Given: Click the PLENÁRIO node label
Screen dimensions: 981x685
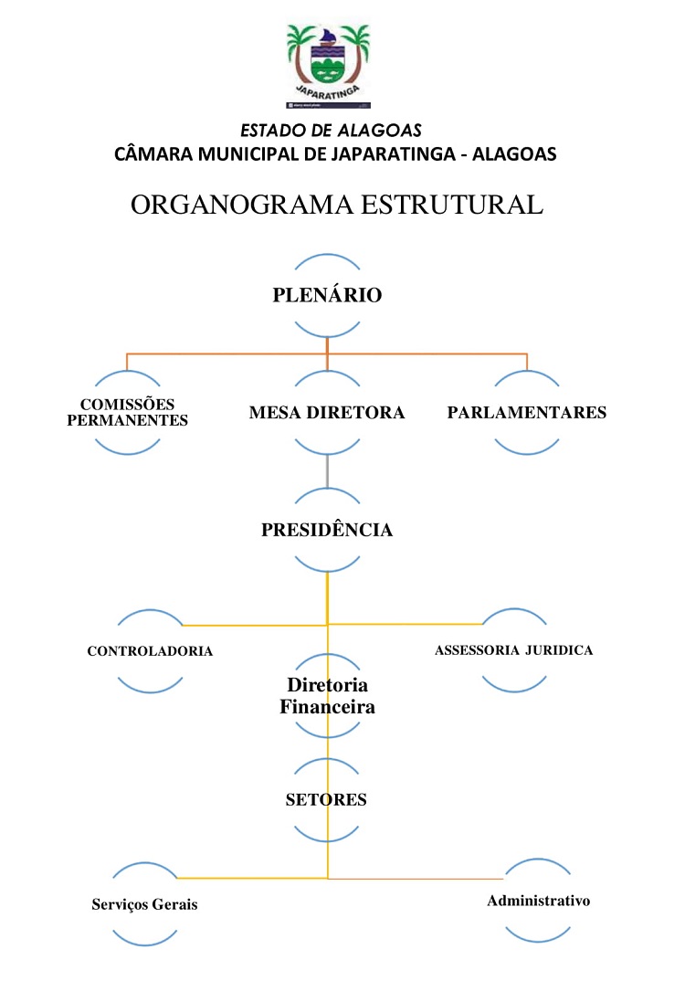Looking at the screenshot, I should tap(327, 295).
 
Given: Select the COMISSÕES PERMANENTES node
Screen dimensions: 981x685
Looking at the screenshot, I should tap(128, 412).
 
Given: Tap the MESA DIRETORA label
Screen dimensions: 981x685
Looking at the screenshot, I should tap(327, 412).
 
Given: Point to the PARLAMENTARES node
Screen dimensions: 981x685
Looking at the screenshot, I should tap(527, 412).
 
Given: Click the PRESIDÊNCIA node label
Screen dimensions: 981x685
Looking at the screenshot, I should tap(327, 530).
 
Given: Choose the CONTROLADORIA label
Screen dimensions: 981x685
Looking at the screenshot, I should tap(150, 651).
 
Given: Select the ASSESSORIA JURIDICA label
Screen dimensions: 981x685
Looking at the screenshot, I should tap(514, 650).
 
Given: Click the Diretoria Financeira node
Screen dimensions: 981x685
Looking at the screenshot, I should tap(327, 695).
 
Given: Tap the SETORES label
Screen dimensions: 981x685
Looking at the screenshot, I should tap(326, 799).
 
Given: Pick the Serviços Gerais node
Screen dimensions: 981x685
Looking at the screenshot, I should tap(144, 904).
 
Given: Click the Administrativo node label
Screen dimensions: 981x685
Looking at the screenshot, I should tap(539, 901).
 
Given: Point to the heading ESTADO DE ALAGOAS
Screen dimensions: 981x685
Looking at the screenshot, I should tap(331, 131).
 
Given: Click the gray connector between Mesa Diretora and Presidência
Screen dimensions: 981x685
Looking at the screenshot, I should tap(327, 472).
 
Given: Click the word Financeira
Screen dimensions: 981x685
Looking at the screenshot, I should tap(327, 706).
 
